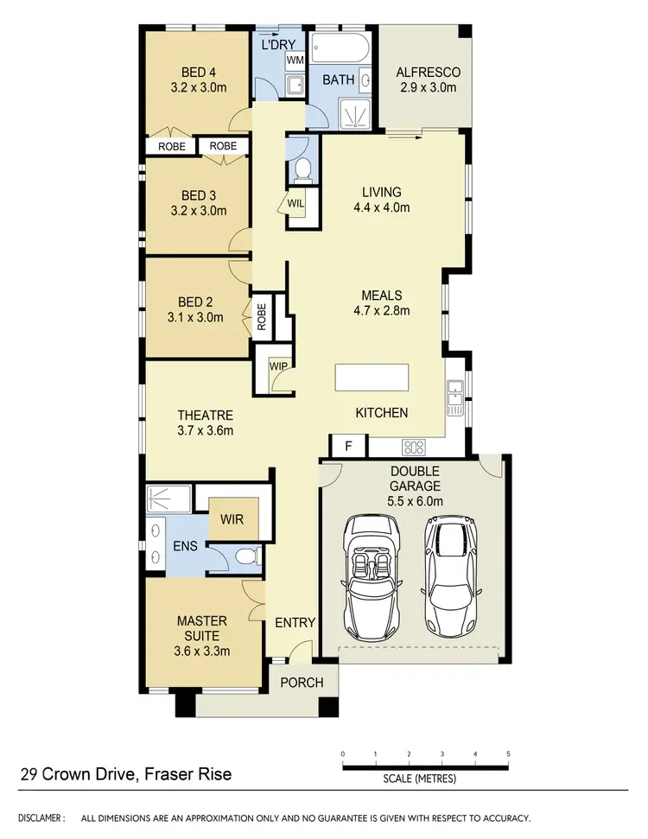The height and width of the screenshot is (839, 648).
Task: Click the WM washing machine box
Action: pyautogui.click(x=295, y=60)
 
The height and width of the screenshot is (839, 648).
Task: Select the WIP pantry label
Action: pyautogui.click(x=278, y=365)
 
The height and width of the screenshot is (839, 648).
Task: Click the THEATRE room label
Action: pyautogui.click(x=205, y=416)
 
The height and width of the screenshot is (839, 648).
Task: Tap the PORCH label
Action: pyautogui.click(x=302, y=683)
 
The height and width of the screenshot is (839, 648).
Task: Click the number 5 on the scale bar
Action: pyautogui.click(x=508, y=753)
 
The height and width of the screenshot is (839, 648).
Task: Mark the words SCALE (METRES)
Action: pyautogui.click(x=419, y=779)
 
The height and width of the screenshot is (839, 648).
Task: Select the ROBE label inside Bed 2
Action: pyautogui.click(x=262, y=317)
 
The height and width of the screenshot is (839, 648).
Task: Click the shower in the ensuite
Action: pyautogui.click(x=169, y=499)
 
